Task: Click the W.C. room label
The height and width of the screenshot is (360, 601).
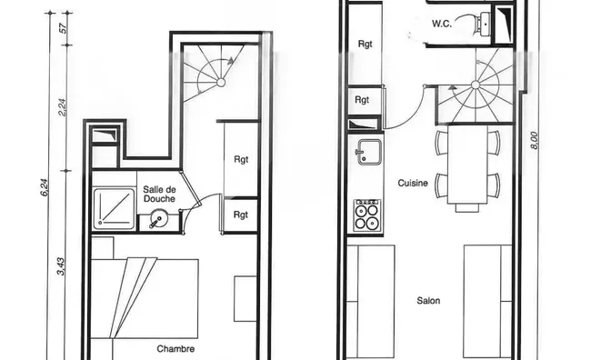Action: tap(442, 24)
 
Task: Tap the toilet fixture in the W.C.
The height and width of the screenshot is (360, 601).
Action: tap(484, 25)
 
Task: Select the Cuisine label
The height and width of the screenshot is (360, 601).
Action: tap(413, 183)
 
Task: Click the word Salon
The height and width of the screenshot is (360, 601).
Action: tap(428, 301)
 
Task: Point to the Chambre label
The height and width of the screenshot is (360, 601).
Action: tap(175, 349)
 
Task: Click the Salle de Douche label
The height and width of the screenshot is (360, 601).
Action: tap(159, 194)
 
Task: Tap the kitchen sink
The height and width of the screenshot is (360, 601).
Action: tap(369, 152)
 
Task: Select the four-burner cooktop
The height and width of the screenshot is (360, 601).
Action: tap(367, 215)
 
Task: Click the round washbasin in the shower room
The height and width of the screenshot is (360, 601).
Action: tap(157, 219)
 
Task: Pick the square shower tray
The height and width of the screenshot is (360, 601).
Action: tap(115, 208)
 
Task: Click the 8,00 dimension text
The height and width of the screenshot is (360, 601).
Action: tap(534, 140)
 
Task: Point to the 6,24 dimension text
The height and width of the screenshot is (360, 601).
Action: tap(45, 188)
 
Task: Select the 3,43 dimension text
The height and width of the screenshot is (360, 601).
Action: tap(61, 266)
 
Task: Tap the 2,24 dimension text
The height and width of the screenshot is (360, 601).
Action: tap(62, 108)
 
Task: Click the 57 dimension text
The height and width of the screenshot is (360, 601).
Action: tap(64, 28)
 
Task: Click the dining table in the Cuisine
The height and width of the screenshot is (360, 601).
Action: tap(467, 165)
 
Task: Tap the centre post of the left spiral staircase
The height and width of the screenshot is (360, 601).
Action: tap(221, 83)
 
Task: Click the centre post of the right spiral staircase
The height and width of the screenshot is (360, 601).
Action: tap(476, 85)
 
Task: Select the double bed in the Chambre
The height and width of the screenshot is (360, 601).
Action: tap(145, 299)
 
